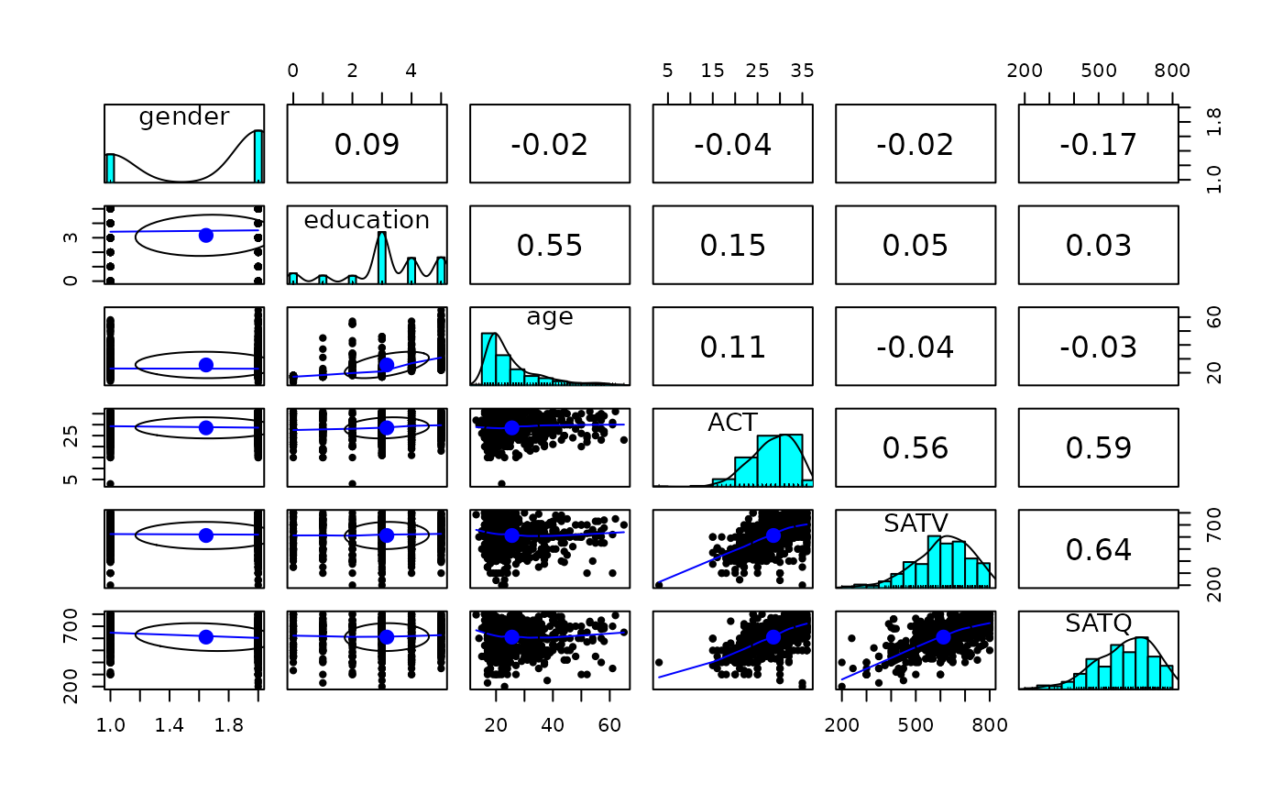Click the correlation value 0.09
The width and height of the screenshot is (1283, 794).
pos(367,144)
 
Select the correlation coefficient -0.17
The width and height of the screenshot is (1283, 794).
pos(1098,144)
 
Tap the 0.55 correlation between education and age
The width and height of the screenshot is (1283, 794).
pos(550,245)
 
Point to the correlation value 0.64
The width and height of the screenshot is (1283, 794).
pos(1098,549)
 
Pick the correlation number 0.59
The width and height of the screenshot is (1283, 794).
pos(1098,447)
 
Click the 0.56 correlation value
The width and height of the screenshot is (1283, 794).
pos(916,447)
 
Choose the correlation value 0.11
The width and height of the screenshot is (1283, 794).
pos(732,347)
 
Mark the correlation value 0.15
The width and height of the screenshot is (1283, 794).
pos(732,245)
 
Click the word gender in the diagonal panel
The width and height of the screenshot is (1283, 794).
pos(184,116)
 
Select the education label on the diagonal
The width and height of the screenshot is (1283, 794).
pos(367,219)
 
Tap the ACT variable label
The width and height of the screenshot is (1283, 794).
pos(732,422)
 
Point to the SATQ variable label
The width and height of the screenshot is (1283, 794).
pos(1098,623)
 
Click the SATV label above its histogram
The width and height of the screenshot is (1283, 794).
pos(916,523)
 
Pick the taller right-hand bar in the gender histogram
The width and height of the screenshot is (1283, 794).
pos(258,156)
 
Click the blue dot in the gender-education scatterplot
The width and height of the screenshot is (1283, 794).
pos(206,235)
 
